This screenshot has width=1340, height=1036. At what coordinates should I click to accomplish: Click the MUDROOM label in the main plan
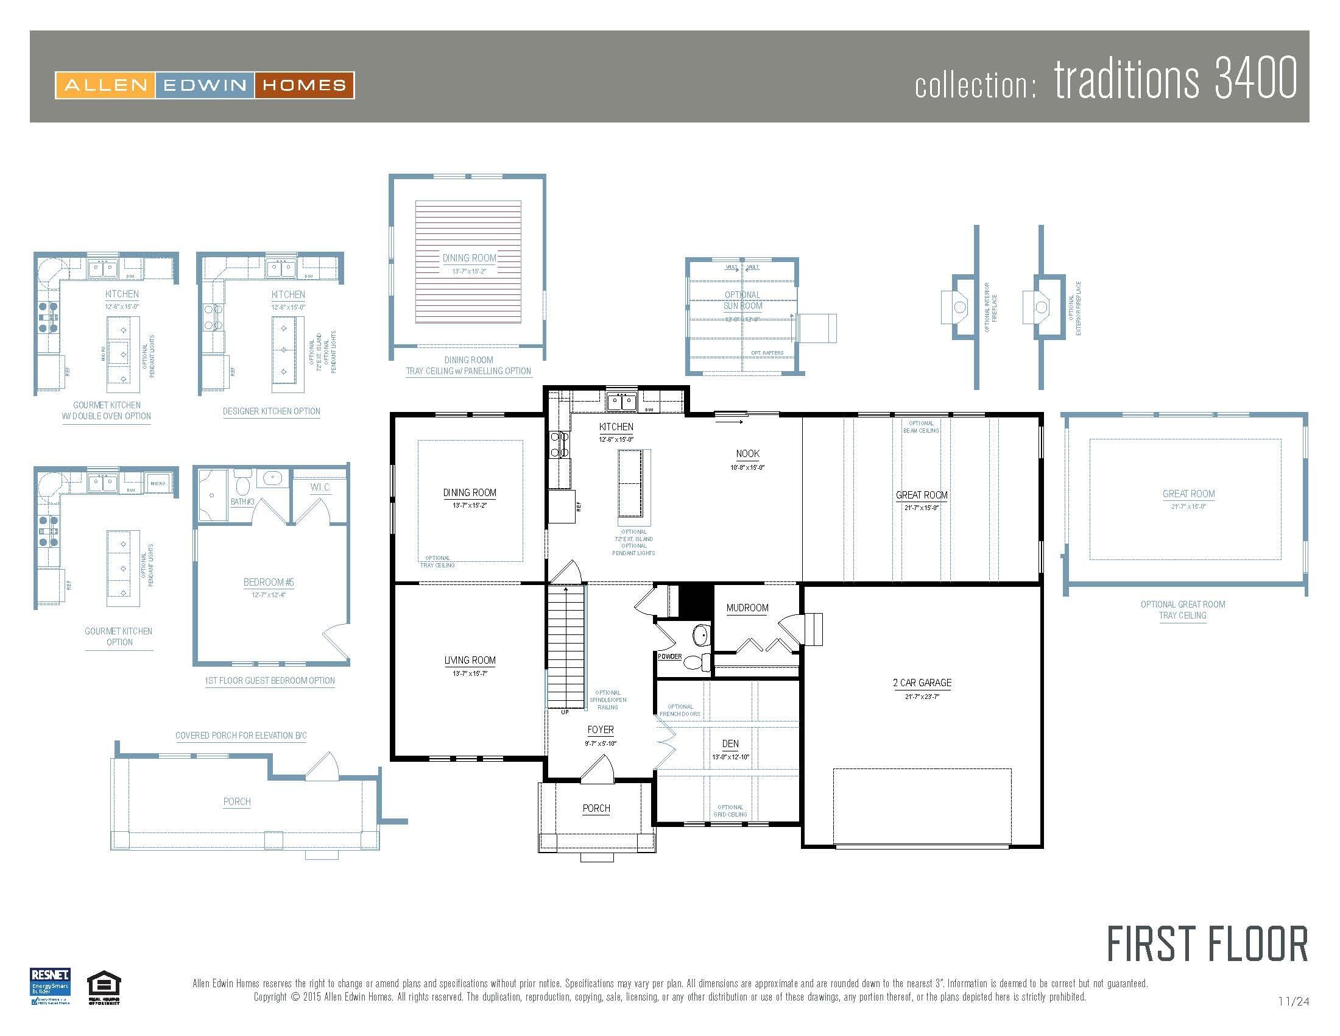tap(747, 608)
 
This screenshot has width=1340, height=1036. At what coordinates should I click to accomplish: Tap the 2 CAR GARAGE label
tap(922, 683)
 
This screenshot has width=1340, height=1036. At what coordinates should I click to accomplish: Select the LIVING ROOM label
tap(470, 661)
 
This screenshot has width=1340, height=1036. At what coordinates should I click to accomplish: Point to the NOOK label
tap(747, 453)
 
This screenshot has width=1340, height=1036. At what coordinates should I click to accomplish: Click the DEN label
tap(730, 744)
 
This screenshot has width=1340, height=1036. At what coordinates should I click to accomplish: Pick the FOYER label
tap(600, 729)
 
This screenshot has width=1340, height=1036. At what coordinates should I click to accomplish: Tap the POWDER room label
tap(669, 656)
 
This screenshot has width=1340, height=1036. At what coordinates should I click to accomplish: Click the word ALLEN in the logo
tap(105, 85)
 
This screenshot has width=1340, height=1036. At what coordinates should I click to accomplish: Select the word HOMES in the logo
tap(304, 85)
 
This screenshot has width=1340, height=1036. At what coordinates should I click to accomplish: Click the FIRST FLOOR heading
tap(1207, 945)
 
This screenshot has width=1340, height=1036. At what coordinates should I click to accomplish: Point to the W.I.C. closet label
tap(320, 488)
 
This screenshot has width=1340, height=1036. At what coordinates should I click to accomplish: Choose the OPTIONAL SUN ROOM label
tap(742, 300)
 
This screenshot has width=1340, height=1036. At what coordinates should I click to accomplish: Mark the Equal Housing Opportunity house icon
tap(104, 984)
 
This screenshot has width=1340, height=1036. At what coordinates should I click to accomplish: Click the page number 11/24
tap(1293, 1002)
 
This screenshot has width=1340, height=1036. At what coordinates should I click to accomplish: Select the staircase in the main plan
tap(566, 647)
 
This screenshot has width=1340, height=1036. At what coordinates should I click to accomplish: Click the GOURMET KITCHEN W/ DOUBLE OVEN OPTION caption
tap(107, 411)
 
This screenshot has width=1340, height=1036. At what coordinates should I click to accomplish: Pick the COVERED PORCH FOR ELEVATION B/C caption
tap(241, 736)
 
